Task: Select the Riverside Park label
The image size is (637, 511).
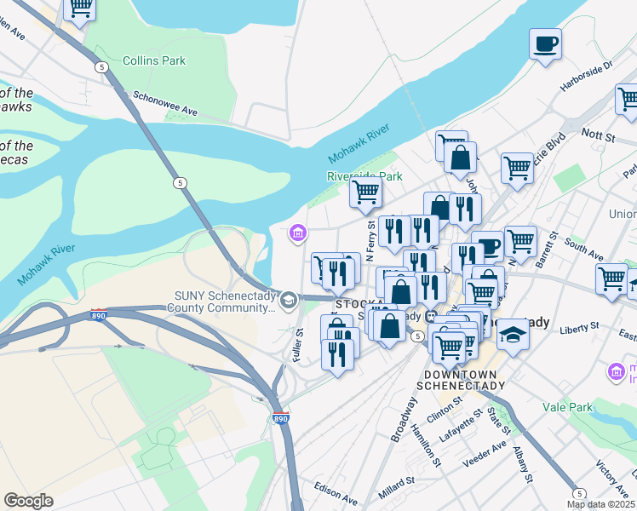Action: coord(364,176)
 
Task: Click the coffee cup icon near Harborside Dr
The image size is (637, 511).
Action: coord(545,43)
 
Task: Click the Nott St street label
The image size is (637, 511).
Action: coord(598,134)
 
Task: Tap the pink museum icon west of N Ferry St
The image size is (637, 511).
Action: coord(297,232)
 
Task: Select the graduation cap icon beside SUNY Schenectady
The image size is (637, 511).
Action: coord(290,299)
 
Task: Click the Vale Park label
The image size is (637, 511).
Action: coord(569,408)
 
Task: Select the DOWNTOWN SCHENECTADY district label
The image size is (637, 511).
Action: coord(461,380)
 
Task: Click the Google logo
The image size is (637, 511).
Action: coord(29,500)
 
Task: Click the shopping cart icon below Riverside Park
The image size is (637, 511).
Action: coord(365,192)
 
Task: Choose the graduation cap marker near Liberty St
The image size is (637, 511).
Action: coord(513,333)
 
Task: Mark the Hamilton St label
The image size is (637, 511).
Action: coord(427,444)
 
